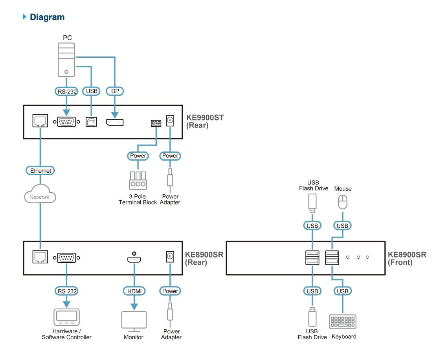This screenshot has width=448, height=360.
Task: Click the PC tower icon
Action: [66, 59]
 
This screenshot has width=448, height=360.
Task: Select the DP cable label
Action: [115, 91]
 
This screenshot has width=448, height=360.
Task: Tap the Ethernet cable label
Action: [40, 171]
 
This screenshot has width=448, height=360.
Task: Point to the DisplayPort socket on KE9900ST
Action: [114, 122]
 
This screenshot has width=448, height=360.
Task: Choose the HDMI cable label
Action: [134, 291]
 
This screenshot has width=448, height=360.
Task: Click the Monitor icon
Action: [134, 321]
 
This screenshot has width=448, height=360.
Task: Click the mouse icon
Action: [343, 203]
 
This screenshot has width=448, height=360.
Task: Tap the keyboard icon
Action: [342, 322]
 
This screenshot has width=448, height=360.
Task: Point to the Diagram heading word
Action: [47, 17]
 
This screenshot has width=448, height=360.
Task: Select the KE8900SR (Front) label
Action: [407, 259]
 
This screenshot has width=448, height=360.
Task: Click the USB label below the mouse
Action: [342, 226]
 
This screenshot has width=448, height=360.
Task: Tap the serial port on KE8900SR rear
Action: [66, 258]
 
